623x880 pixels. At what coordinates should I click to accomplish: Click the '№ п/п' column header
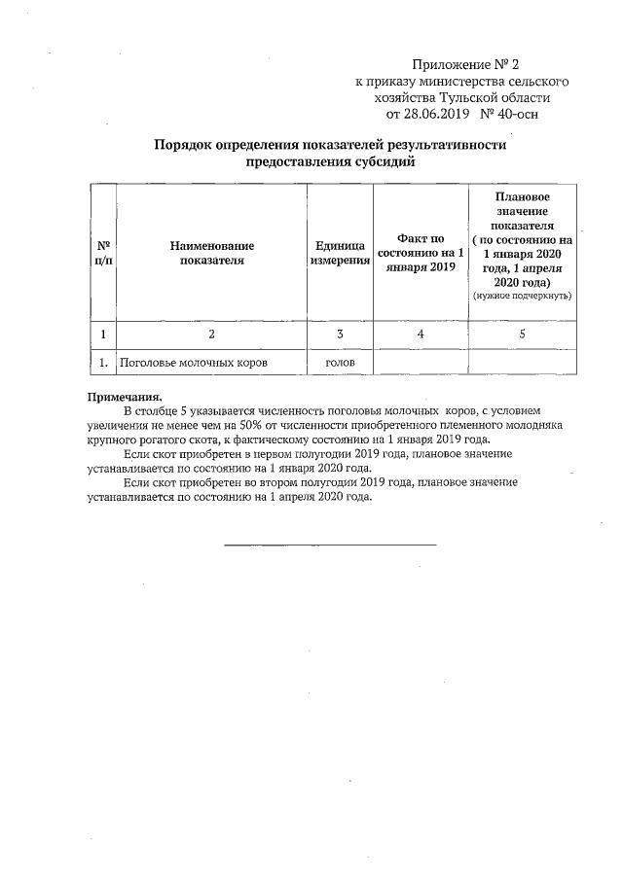point(101,252)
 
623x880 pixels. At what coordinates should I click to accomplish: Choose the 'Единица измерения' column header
point(340,252)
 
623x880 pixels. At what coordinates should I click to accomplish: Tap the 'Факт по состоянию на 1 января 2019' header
point(421,252)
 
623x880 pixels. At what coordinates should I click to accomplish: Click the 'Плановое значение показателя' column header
point(523,219)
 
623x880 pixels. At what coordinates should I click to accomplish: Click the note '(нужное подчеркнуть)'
point(523,295)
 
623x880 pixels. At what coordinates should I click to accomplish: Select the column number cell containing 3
point(340,334)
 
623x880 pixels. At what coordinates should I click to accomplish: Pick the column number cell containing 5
point(523,334)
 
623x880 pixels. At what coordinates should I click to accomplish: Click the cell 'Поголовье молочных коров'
point(193,363)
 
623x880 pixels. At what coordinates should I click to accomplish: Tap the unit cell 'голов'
point(340,363)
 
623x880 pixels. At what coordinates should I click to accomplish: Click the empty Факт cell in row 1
point(421,363)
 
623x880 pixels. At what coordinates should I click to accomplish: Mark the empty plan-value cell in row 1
point(523,363)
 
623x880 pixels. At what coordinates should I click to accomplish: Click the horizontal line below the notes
point(330,545)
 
